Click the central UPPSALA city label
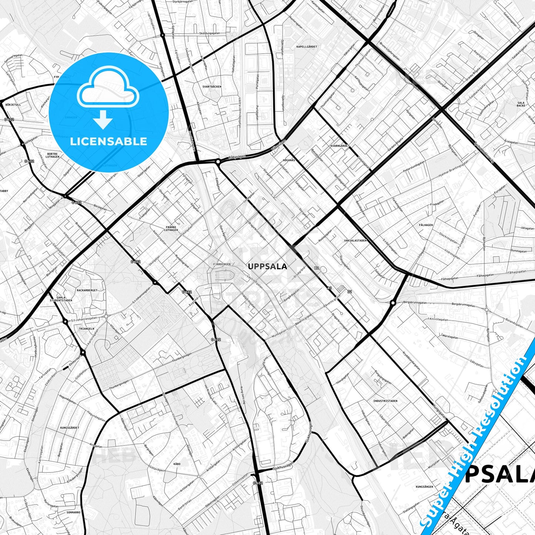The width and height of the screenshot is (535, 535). click(267, 266)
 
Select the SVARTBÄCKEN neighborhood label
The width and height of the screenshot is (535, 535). click(212, 86)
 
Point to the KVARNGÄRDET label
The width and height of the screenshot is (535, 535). click(340, 146)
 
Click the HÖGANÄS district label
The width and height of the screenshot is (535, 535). click(289, 160)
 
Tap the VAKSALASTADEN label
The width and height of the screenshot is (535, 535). click(355, 240)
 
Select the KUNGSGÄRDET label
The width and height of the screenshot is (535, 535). click(70, 428)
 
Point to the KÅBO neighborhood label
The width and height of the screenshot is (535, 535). click(177, 464)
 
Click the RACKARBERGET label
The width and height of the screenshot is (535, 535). click(87, 290)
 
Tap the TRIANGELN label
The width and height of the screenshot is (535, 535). click(86, 328)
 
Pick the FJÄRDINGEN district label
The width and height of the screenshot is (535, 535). click(222, 264)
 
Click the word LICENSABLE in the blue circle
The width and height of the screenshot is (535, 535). click(109, 141)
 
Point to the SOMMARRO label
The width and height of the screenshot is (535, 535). click(73, 512)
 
